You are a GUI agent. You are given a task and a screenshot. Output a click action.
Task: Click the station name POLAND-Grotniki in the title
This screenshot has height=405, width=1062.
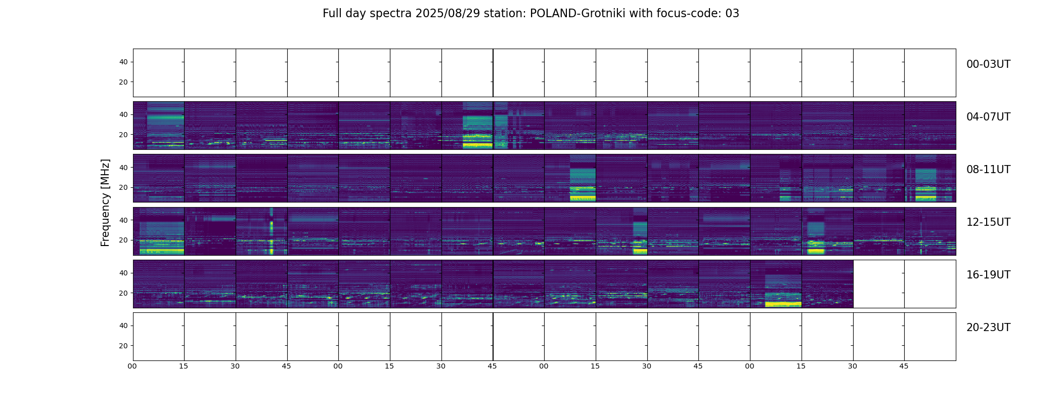point(576,14)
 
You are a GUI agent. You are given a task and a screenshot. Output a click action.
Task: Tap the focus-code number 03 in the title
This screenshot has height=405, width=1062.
point(732,14)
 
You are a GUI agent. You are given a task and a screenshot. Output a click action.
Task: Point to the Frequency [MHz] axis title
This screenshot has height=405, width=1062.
point(105,202)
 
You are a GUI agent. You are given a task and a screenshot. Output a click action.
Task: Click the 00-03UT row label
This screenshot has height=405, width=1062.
point(988,64)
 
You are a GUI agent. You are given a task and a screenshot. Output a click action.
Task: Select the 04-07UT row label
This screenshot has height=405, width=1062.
point(988,117)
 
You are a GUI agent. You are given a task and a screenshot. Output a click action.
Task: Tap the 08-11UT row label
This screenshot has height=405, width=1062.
point(988,170)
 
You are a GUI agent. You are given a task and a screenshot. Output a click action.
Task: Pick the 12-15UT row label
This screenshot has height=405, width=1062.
point(988,222)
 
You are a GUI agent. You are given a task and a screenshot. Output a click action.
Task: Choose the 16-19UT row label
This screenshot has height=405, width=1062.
point(988,275)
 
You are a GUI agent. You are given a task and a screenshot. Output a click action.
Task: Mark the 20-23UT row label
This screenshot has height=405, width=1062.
point(988,328)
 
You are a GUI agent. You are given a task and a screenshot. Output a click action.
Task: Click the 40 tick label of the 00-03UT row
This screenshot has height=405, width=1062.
point(123,62)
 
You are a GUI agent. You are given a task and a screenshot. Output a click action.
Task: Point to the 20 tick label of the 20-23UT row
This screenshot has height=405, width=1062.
point(123,346)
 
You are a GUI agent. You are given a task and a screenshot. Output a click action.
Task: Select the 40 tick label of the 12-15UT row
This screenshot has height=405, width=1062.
point(123,220)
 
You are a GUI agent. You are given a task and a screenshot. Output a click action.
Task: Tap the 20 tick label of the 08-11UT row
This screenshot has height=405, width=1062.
point(123,187)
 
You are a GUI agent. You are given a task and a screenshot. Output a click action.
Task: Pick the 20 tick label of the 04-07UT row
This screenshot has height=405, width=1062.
point(123,135)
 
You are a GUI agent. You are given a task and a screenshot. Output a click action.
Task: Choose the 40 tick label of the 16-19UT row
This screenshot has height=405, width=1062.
point(123,273)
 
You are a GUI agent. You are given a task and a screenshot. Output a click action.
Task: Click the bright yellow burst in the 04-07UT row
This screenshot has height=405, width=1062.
point(477,145)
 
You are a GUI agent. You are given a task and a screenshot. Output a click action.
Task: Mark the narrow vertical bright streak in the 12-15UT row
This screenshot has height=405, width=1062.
point(272,233)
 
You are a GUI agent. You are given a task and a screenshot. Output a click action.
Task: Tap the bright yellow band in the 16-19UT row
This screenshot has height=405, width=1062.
point(783,304)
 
